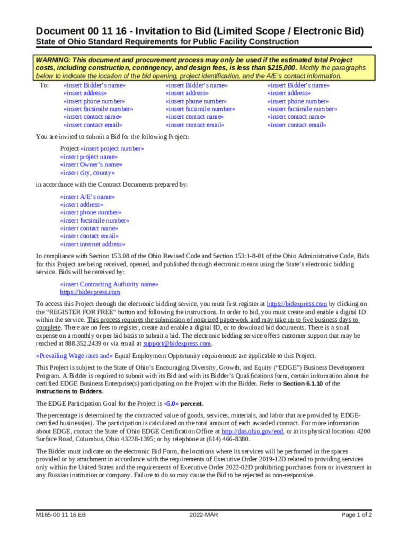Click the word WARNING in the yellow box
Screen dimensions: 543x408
pos(52,60)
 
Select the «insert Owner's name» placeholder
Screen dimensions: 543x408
pos(91,165)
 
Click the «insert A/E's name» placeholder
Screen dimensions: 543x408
pos(87,197)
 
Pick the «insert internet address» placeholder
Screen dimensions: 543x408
pos(93,244)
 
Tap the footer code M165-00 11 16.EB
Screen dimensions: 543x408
pos(61,515)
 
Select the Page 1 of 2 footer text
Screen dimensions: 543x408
pos(357,515)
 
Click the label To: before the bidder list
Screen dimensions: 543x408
pos(45,85)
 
